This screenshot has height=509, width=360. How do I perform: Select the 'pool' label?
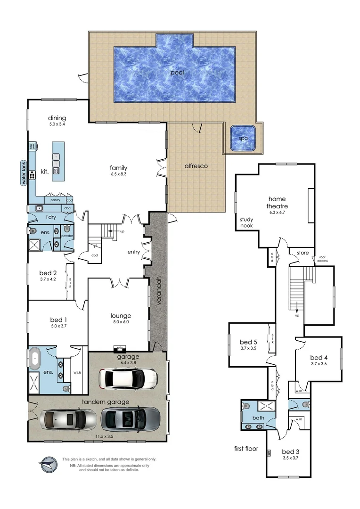tap(177, 73)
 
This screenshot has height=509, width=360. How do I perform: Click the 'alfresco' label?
tap(196, 166)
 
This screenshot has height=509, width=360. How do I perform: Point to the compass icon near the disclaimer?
tap(47, 464)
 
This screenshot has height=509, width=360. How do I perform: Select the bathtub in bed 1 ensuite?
tap(36, 359)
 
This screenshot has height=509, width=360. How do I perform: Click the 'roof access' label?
tap(322, 258)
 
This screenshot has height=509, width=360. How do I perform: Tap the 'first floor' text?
tap(246, 449)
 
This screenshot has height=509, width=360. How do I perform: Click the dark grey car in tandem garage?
tap(130, 418)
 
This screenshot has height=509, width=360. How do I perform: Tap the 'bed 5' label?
tap(248, 342)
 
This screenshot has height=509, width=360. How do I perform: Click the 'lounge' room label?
tap(121, 316)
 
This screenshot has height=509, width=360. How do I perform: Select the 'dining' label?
tap(57, 118)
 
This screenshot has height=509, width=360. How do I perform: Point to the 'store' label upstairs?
tap(303, 253)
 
